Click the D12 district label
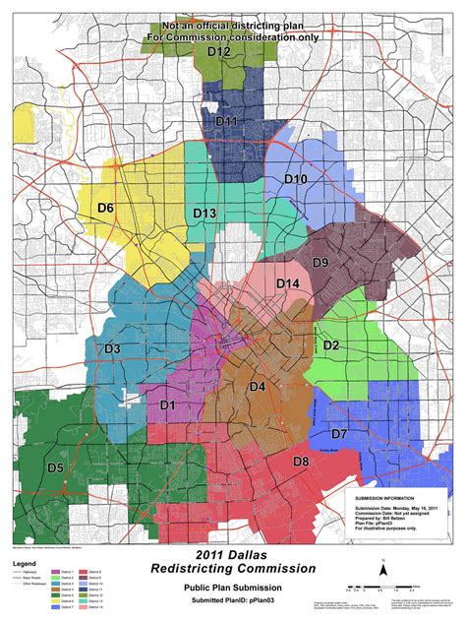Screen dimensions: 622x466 coord(219,51)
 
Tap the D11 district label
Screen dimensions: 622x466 coord(226,121)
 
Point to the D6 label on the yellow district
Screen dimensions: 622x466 coord(105,208)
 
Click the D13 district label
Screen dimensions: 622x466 coord(204,213)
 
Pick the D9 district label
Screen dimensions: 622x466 coord(320,262)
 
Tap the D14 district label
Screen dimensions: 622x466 coord(287,283)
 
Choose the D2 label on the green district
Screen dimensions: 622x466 coord(330,344)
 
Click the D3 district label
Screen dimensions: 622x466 coord(112,348)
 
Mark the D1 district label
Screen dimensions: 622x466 coord(167,404)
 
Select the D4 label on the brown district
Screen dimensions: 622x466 coord(257,387)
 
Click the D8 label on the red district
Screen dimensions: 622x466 coord(301,461)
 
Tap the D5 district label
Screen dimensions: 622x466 coord(56,466)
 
